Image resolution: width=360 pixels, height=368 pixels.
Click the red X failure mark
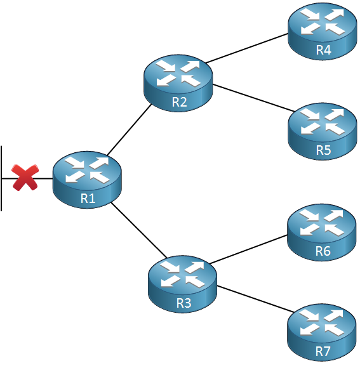coord(25,178)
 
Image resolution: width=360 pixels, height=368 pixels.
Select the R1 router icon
coord(87,180)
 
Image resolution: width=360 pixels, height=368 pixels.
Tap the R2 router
coord(178,83)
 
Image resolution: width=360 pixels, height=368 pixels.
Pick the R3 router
coord(182,284)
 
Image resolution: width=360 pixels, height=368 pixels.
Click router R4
coord(323,32)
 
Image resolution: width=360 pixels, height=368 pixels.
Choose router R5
coord(323,131)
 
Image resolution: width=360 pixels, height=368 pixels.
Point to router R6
coord(322,233)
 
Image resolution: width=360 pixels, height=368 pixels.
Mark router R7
coord(322,333)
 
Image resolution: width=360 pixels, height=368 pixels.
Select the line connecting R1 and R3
coord(138,230)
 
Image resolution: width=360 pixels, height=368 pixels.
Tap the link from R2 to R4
coord(247,48)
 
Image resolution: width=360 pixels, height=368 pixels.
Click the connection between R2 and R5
coord(253,98)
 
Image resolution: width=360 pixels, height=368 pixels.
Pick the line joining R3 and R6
coord(248,249)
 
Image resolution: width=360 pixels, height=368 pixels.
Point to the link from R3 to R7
coord(255,299)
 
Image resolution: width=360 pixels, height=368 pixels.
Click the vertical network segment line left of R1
coord(1,178)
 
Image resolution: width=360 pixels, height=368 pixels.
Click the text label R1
coord(88,199)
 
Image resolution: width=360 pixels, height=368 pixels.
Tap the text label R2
coord(179,102)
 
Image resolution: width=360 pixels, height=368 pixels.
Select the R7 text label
coord(323,352)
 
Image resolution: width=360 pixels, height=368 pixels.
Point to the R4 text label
coord(323,50)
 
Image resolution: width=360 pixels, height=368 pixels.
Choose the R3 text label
coord(183,303)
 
